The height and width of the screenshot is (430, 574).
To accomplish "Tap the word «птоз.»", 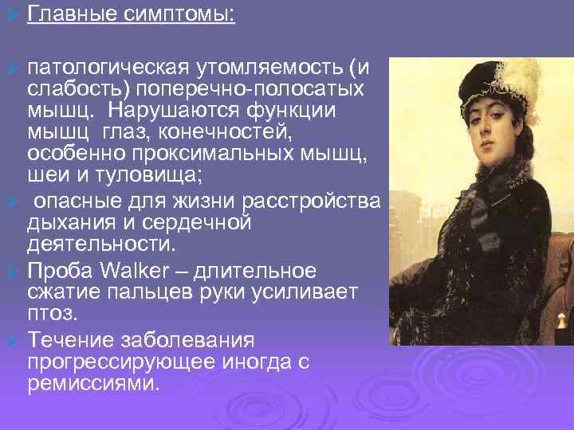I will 51,311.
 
